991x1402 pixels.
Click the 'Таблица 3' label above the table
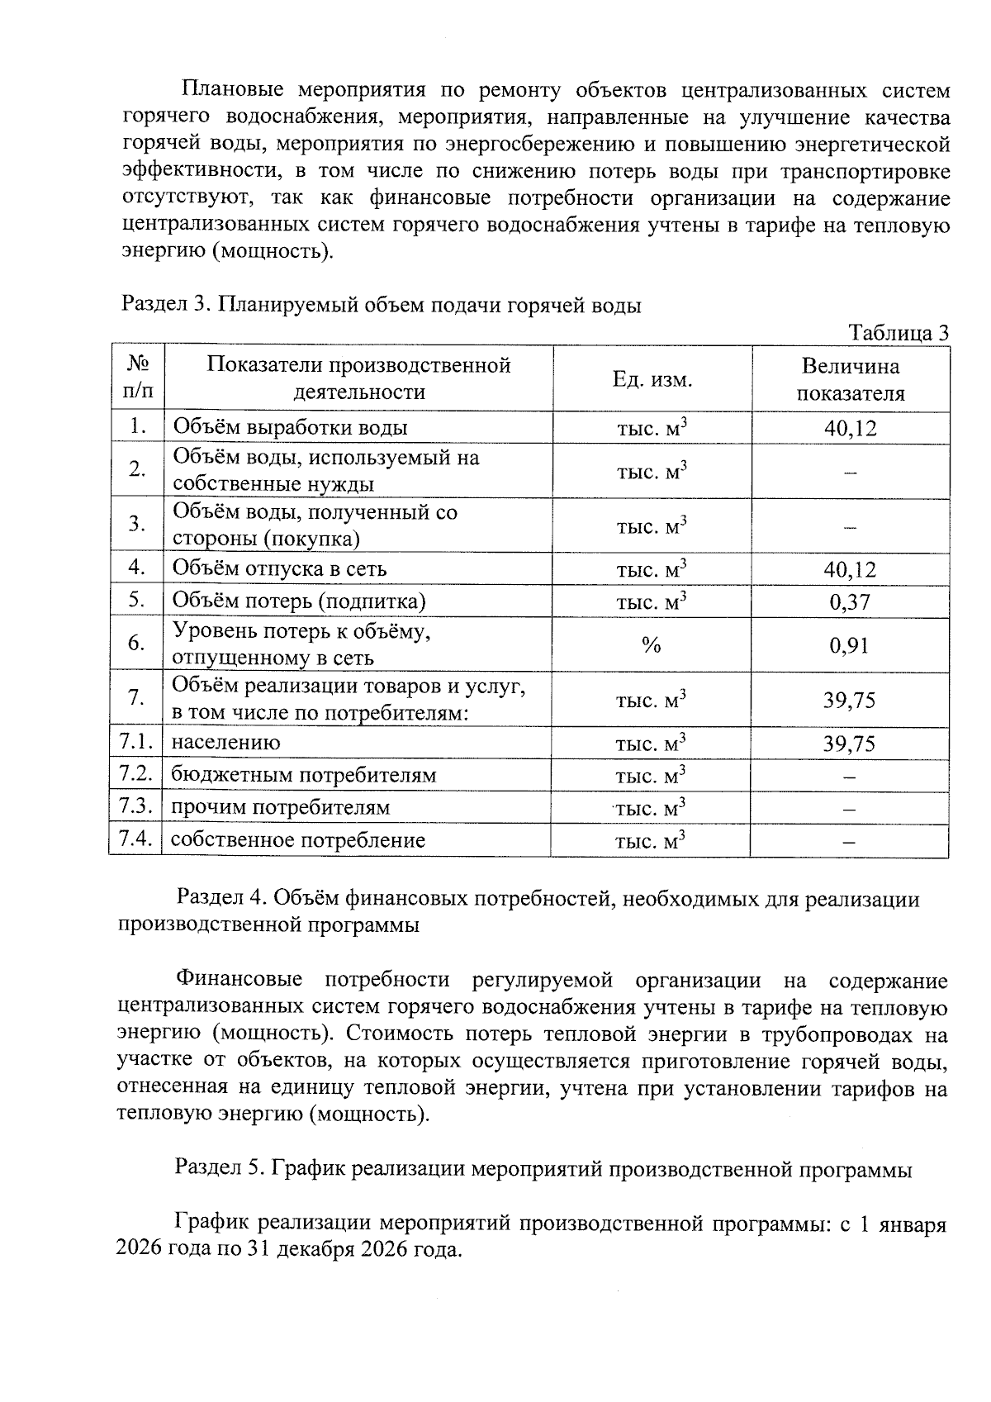(x=899, y=333)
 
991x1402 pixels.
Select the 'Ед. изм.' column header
(x=652, y=379)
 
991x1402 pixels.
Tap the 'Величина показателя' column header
(x=850, y=379)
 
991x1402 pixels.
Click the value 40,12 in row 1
(x=850, y=428)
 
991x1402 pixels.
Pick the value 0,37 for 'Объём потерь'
(x=850, y=601)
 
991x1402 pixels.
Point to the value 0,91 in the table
(x=850, y=645)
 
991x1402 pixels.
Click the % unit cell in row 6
(x=652, y=645)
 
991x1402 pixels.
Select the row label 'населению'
(x=225, y=743)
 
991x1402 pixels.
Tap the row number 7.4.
(x=136, y=839)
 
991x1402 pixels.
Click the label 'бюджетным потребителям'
(x=303, y=775)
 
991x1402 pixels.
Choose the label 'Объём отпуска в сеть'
(x=279, y=568)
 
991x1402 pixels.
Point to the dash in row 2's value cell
(x=850, y=472)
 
